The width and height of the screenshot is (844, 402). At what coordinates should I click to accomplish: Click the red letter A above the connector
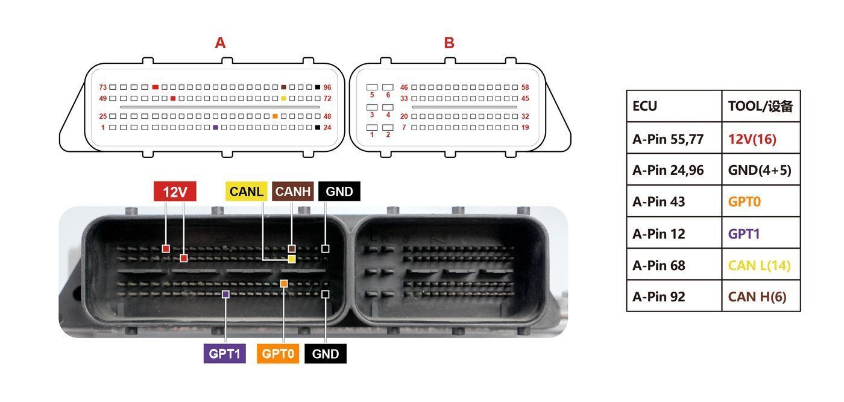221,43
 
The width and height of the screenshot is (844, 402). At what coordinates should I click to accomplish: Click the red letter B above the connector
449,43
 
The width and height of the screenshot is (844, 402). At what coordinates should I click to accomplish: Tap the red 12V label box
175,192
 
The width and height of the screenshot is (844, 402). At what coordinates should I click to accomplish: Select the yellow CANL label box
247,192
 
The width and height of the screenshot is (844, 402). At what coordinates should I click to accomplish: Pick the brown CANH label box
293,192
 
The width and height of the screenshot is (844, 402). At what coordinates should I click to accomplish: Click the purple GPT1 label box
224,353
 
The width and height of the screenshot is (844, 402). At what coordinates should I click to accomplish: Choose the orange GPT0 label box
278,353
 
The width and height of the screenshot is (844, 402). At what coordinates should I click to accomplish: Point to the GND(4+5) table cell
761,169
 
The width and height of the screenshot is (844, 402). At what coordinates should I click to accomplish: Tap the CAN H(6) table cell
761,296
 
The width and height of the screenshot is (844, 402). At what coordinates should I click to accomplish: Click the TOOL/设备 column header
761,106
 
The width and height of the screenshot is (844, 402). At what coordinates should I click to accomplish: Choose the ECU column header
674,106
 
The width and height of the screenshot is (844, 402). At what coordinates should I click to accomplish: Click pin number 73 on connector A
103,87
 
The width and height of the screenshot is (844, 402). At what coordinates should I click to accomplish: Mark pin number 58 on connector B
525,87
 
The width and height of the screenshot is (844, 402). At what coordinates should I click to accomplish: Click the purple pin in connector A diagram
216,128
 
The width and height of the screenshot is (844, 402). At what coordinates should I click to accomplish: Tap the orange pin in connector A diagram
275,116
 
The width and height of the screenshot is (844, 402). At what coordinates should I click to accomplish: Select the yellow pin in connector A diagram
284,98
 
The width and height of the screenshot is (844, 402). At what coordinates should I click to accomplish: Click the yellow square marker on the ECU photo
292,259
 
